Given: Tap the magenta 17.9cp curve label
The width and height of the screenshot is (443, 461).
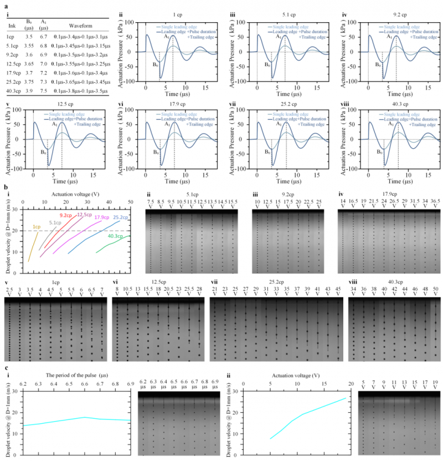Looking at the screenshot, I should coord(102,217).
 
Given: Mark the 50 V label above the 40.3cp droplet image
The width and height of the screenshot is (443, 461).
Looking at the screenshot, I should coord(435,291).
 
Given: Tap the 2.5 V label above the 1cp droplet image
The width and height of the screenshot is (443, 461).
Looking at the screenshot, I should coord(9,291).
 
